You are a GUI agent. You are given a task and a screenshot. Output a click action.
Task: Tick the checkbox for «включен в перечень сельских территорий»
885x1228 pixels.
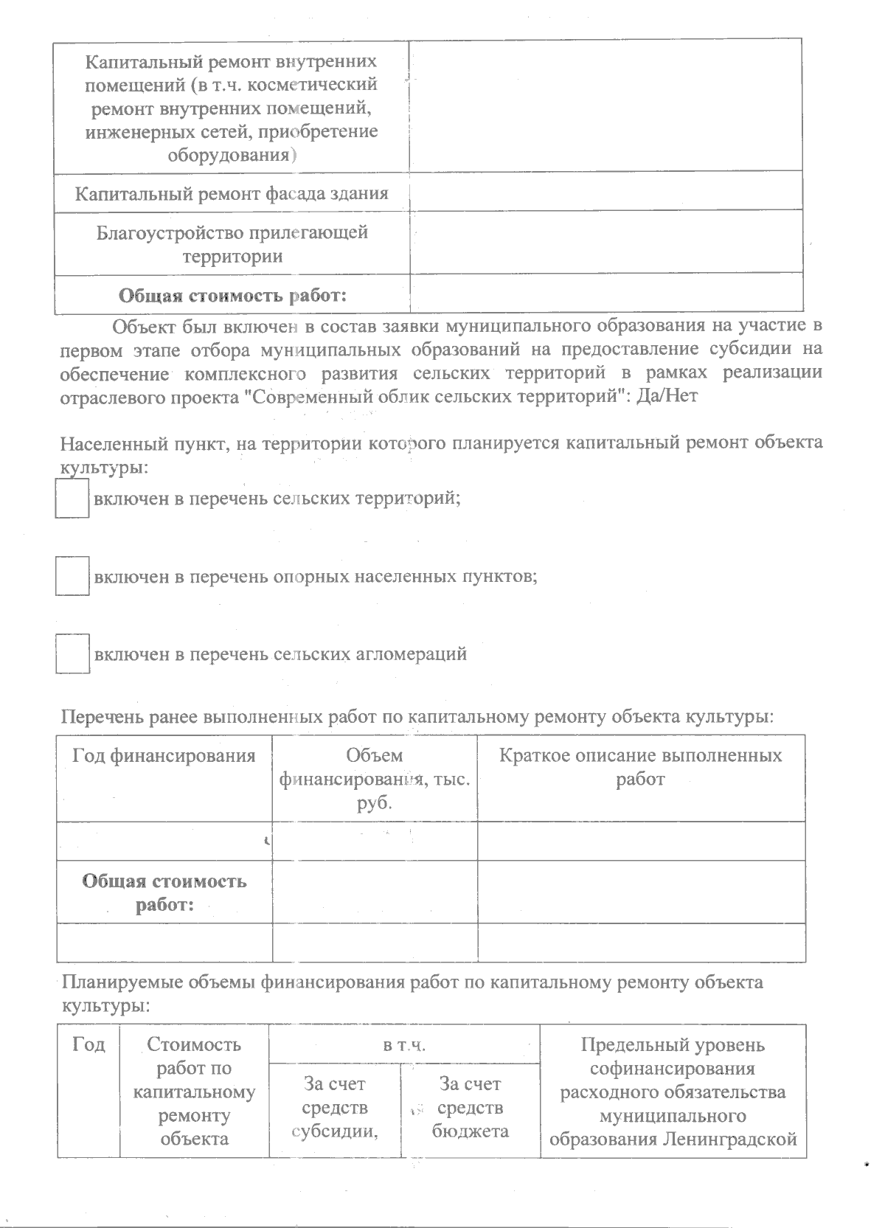point(72,499)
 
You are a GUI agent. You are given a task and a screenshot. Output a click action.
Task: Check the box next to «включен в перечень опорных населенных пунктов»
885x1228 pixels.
point(72,576)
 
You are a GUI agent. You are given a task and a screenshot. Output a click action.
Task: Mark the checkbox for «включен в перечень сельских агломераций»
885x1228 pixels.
point(72,653)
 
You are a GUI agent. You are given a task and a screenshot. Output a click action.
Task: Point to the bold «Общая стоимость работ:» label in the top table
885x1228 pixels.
point(233,296)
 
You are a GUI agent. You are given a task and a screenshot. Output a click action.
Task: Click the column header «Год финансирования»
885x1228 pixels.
point(164,756)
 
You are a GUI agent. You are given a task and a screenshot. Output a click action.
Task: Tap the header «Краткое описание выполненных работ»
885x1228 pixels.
point(640,767)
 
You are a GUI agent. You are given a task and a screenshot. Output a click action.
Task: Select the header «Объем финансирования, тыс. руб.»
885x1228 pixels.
point(375,779)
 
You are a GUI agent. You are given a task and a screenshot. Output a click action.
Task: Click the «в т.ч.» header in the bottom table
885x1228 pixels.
point(404,1045)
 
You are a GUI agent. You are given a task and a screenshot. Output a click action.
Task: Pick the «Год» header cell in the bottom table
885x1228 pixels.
point(88,1045)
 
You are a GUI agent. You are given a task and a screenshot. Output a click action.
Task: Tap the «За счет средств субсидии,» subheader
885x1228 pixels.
point(335,1108)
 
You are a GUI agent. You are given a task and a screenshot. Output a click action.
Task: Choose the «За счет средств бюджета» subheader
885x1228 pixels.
point(470,1108)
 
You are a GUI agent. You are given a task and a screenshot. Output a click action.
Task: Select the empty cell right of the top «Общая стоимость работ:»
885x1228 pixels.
point(605,294)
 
